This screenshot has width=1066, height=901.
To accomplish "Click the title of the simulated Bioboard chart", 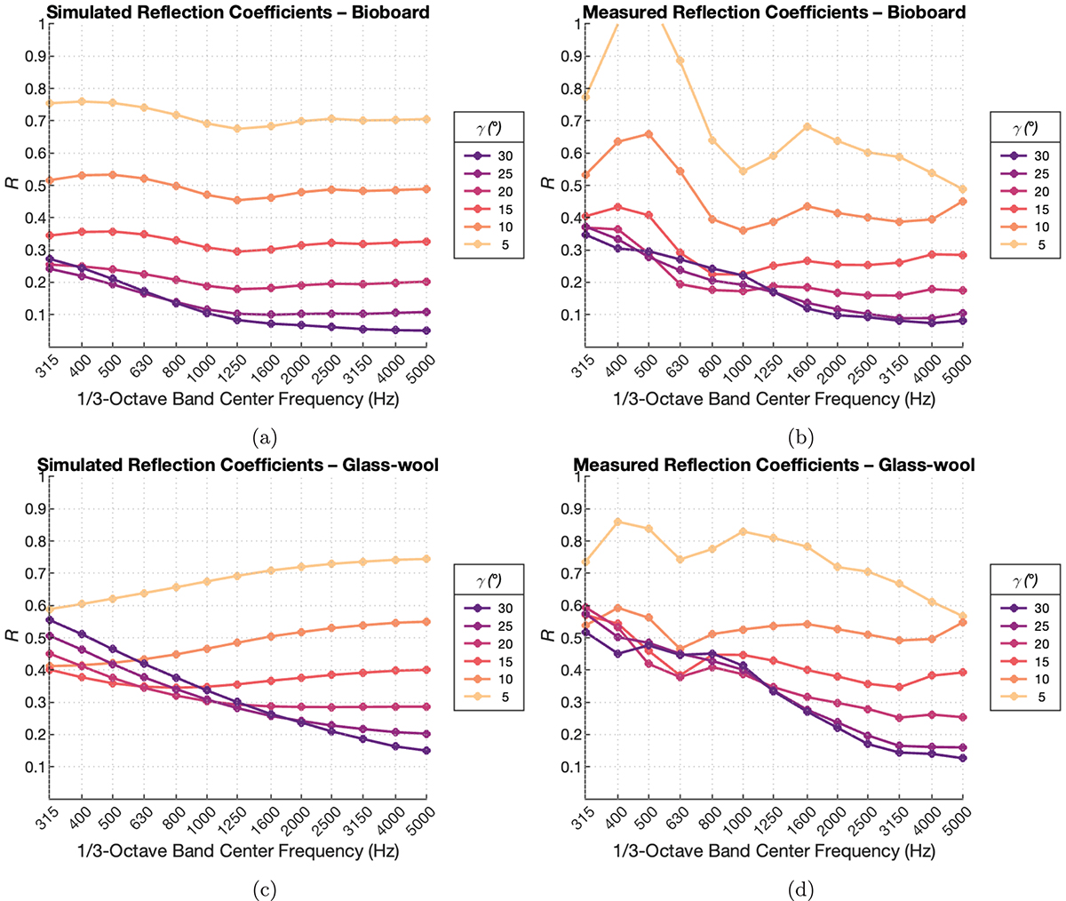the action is click(238, 12).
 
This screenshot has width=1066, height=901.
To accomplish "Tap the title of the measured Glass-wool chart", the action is click(774, 465).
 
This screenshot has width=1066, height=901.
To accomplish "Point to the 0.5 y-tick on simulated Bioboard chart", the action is click(35, 186).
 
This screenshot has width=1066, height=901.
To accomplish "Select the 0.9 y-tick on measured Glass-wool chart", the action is click(571, 509).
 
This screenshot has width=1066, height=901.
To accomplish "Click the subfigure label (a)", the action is click(265, 438).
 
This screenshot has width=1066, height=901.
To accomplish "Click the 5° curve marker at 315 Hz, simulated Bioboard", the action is click(50, 103).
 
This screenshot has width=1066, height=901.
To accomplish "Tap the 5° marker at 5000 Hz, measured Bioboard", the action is click(963, 189).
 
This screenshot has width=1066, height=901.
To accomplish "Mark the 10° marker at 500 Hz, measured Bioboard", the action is click(648, 134).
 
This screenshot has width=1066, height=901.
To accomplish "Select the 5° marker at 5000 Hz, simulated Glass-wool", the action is click(426, 559).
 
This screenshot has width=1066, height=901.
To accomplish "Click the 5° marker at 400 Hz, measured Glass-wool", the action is click(617, 522).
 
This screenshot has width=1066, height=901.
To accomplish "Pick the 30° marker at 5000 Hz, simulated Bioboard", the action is click(426, 331).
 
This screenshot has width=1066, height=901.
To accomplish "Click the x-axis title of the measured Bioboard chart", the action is click(774, 399).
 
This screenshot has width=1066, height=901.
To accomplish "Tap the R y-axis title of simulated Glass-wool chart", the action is click(12, 635).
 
